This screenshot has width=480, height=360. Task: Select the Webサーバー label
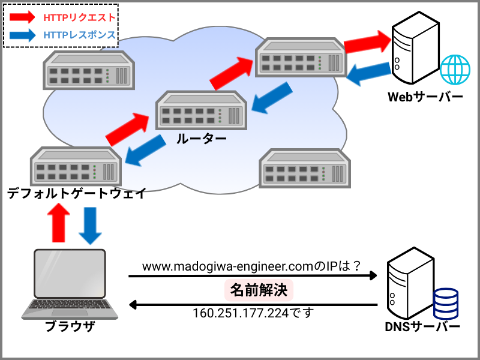click(x=425, y=97)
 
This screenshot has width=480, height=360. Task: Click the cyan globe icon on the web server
click(x=455, y=69)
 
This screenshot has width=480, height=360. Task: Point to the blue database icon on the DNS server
click(x=446, y=304)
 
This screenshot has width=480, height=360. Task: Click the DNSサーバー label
click(x=422, y=327)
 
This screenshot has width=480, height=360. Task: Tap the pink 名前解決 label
click(x=259, y=291)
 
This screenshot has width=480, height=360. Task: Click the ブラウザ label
click(x=70, y=327)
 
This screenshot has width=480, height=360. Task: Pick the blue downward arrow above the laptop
click(x=90, y=225)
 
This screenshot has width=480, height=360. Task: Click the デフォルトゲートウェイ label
click(x=76, y=193)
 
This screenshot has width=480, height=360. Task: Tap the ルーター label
click(x=201, y=139)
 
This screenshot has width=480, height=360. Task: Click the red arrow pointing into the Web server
click(x=367, y=43)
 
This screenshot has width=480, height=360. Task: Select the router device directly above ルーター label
click(x=200, y=111)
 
